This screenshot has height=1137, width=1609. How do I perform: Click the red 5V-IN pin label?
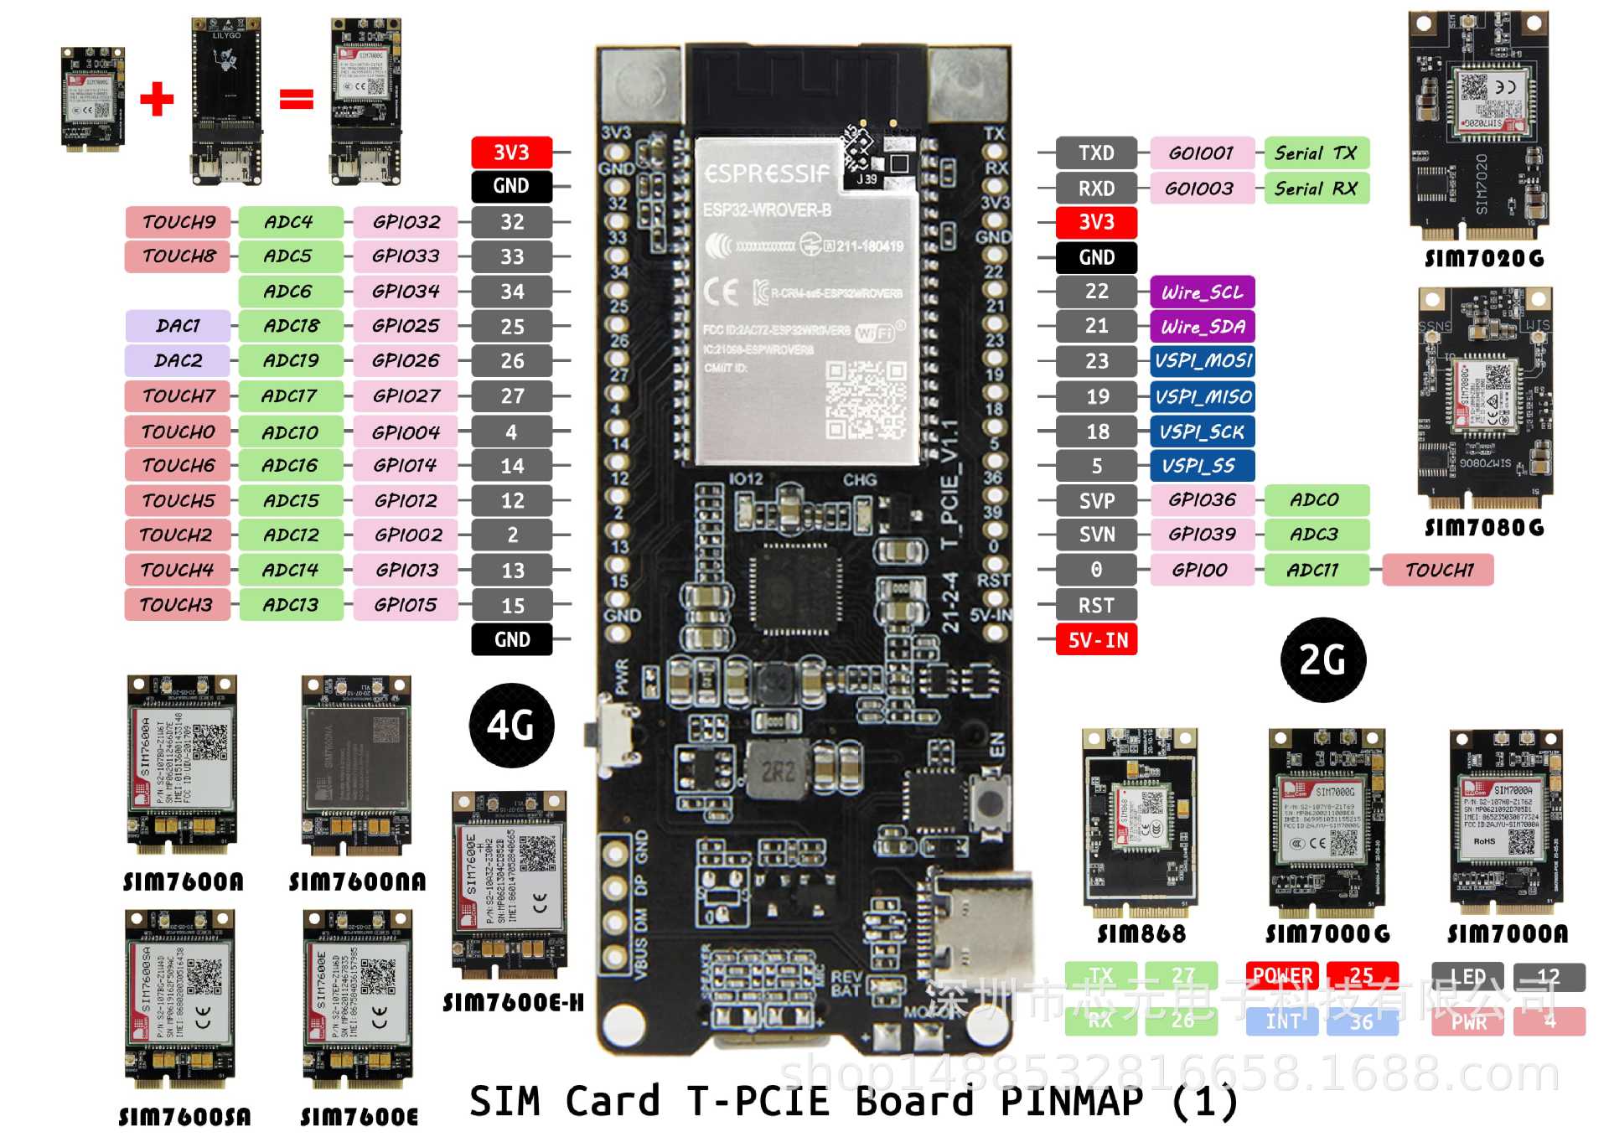coord(1096,640)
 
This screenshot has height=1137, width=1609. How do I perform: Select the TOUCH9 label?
coord(178,222)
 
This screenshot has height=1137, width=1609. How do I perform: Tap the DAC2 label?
coord(178,360)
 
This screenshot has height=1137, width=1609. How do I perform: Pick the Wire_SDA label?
coord(1202,326)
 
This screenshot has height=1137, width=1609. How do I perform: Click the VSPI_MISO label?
coord(1202,396)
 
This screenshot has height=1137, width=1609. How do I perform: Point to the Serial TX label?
coord(1316,153)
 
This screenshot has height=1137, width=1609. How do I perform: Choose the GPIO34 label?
coord(406,292)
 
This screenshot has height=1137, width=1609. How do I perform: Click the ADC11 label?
coord(1316,570)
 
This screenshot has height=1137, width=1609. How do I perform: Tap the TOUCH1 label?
coord(1437,570)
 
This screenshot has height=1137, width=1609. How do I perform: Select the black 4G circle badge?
coord(511,726)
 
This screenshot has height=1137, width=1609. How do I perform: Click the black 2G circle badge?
coord(1322,660)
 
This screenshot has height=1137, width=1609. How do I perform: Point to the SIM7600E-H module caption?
coord(513,1003)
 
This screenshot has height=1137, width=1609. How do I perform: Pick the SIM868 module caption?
coord(1141,933)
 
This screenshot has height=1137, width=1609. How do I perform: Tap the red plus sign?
coord(157,99)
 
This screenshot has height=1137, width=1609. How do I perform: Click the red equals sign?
coord(296,99)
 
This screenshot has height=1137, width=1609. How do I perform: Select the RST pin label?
coord(1096,605)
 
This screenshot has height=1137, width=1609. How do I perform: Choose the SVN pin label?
coord(1096,535)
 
